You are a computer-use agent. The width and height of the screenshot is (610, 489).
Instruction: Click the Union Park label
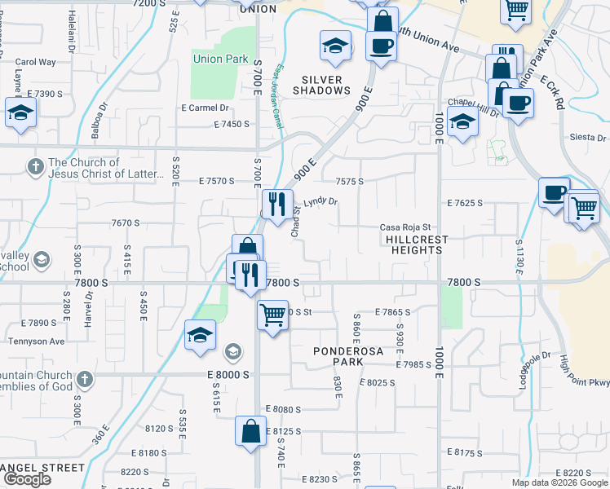(x=220, y=59)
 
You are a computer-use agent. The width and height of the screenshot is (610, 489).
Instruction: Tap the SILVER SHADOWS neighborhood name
(x=326, y=85)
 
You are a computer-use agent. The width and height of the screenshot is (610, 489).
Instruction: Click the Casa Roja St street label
(x=405, y=227)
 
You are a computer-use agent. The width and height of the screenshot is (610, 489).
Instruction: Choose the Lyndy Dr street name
(x=320, y=201)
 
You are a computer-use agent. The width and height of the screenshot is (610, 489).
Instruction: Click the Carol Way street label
(x=35, y=61)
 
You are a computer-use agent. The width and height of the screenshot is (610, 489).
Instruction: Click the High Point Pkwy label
(x=584, y=376)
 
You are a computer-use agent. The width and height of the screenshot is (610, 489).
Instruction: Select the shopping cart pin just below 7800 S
(x=272, y=314)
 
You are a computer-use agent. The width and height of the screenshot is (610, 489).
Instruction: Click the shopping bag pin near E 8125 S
(x=251, y=431)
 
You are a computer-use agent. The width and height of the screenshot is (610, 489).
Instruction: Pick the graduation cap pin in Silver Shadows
(x=334, y=48)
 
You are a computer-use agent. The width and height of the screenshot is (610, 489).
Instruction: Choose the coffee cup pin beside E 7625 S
(x=555, y=193)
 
